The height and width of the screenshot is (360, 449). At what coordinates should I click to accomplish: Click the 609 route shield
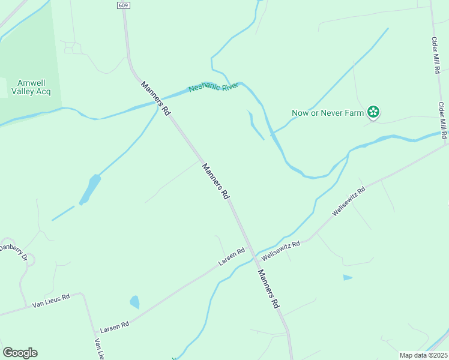pos(123,5)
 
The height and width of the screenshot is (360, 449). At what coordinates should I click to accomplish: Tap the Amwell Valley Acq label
pos(31,87)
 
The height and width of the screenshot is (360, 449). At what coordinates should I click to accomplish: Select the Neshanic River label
pos(214,87)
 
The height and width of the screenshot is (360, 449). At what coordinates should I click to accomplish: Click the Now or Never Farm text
pos(328,112)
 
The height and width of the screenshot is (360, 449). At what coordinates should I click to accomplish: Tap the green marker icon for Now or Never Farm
pos(373,112)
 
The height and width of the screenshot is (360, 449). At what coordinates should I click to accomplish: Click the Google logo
pos(20,352)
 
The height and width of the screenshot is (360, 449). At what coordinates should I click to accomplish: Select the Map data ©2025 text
pos(423,355)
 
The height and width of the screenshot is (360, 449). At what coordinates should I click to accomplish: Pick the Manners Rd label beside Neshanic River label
pos(156,98)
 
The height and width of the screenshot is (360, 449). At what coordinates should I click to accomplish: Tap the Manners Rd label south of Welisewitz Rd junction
pos(269,289)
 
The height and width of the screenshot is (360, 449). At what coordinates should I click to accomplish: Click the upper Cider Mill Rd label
pos(436,55)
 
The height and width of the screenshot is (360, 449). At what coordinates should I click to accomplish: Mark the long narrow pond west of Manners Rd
pos(90,188)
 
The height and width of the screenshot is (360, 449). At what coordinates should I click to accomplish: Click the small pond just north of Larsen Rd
pos(134,301)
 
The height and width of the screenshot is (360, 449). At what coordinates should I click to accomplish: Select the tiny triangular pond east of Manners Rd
pos(347,277)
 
